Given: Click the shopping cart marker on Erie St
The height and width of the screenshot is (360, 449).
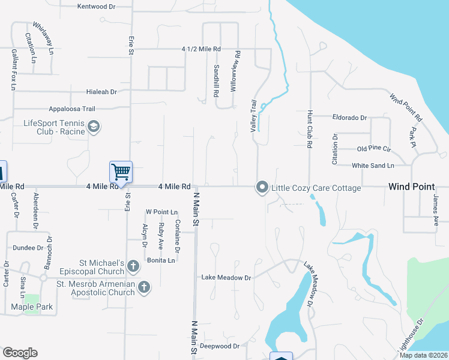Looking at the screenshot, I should [121, 172].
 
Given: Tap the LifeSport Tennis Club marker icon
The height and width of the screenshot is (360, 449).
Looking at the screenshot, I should [93, 127].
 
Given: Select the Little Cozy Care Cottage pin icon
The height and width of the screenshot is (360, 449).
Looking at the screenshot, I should [262, 188].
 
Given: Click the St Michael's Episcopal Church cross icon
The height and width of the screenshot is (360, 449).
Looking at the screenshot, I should [133, 265].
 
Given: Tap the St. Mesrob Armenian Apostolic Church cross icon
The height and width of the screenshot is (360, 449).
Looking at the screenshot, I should [143, 287].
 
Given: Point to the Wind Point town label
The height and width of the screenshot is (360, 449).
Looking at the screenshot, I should [411, 187].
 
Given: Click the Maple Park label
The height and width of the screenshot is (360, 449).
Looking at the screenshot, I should [32, 307].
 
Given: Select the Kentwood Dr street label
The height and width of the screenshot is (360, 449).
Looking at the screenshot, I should [97, 7].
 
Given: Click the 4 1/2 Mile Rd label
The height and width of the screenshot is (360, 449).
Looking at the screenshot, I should [202, 49].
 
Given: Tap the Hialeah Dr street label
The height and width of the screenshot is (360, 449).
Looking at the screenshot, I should [101, 92].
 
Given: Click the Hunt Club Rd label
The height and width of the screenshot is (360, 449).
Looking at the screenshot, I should [310, 128].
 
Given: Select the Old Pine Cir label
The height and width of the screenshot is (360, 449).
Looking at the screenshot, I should [374, 148].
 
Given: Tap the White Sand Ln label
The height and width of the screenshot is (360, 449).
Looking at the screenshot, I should [373, 165].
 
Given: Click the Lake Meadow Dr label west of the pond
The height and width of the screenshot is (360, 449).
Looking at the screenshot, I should [226, 278].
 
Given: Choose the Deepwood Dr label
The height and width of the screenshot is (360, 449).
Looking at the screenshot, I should [220, 346].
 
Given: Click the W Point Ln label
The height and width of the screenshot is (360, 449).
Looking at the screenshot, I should [162, 212].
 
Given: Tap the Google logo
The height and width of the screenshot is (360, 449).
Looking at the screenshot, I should [20, 353].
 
